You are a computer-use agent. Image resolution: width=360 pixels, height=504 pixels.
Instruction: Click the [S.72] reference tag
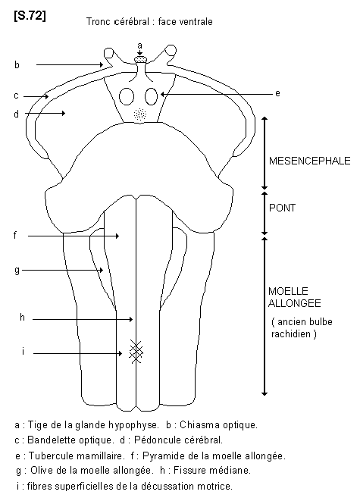tap(30, 15)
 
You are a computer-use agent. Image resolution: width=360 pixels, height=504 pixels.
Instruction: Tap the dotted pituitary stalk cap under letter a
tap(140, 59)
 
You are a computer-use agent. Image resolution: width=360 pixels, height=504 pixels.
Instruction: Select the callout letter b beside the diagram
tap(17, 64)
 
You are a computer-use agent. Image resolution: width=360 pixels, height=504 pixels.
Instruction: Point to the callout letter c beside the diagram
tap(17, 95)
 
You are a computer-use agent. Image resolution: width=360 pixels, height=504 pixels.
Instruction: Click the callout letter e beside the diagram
tap(277, 93)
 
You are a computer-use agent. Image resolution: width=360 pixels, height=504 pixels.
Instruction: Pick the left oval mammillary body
tap(127, 96)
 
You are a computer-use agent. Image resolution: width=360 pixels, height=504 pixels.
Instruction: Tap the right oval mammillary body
tap(151, 96)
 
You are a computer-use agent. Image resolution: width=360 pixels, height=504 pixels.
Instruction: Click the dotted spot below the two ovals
tap(139, 114)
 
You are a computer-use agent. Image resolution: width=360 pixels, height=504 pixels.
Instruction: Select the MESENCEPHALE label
tap(309, 161)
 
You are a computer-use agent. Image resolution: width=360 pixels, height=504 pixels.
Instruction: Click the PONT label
tap(282, 208)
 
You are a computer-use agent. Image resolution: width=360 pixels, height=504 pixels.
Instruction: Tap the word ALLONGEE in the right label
tap(294, 303)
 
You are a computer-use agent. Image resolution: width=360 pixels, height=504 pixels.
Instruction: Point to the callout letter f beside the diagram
tap(15, 235)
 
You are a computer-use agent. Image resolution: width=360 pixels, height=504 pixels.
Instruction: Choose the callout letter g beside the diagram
tap(17, 270)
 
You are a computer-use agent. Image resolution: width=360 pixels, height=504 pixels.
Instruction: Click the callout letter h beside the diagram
tap(22, 318)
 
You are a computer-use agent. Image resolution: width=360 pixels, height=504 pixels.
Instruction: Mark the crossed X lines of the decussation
tap(136, 352)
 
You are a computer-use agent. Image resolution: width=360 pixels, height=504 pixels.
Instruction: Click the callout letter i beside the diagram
tap(23, 352)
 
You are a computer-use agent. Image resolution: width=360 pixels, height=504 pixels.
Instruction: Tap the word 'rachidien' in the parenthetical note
tap(291, 333)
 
